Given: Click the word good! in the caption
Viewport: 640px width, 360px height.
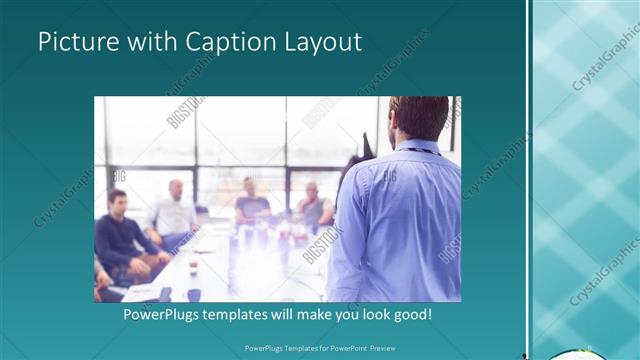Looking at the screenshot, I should (410, 314).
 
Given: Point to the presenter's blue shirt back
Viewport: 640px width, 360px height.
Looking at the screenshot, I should (400, 220).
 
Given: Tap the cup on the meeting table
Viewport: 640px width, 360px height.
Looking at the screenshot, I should (193, 268).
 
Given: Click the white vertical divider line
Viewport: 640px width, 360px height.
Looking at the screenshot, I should (530, 180).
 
